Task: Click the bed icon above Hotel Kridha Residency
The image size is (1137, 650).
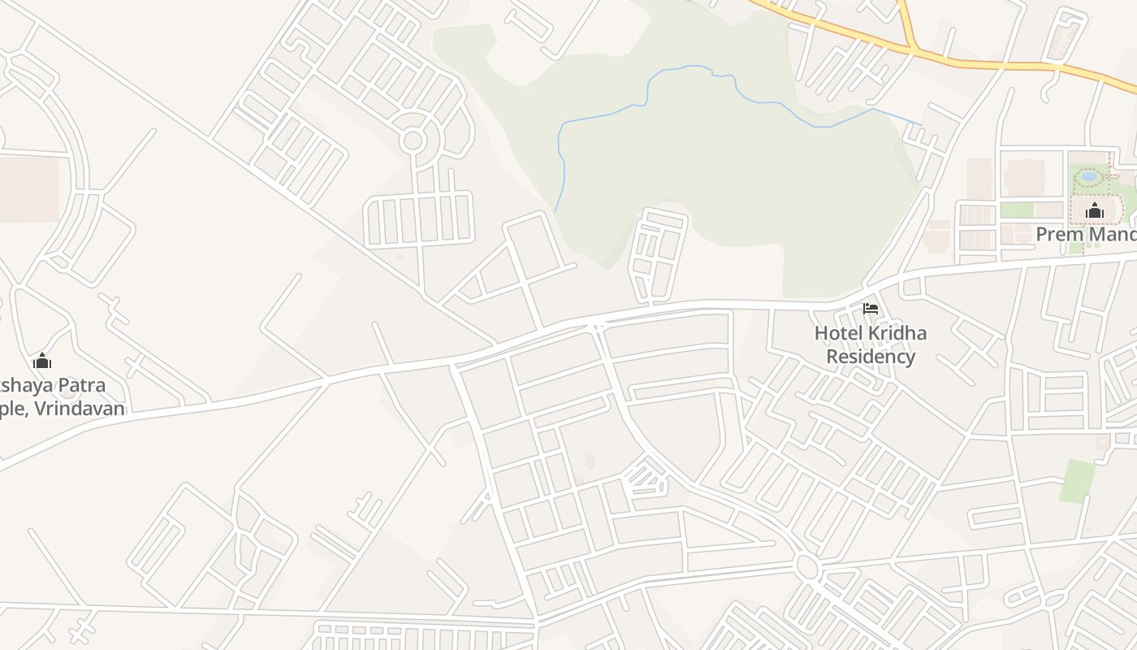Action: pos(871,309)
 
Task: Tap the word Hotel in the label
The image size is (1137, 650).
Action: pos(839,333)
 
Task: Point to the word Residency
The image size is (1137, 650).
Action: pos(871,357)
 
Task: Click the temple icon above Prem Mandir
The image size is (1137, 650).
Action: pos(1095,212)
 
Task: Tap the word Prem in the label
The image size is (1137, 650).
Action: pos(1058,235)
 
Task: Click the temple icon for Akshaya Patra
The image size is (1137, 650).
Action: pos(42,361)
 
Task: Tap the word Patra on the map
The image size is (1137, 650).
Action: pos(77,385)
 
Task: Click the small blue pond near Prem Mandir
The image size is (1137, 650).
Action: pos(1089,175)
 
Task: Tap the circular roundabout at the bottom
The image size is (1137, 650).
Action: pos(806,565)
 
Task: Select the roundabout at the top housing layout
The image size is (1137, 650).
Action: pos(413,141)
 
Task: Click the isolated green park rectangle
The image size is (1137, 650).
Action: pos(1078,480)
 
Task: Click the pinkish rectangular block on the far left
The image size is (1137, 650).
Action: pos(29,189)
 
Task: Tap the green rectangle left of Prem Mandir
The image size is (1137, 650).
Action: pos(1016,210)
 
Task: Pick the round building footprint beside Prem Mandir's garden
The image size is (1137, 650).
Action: pos(1024,176)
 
